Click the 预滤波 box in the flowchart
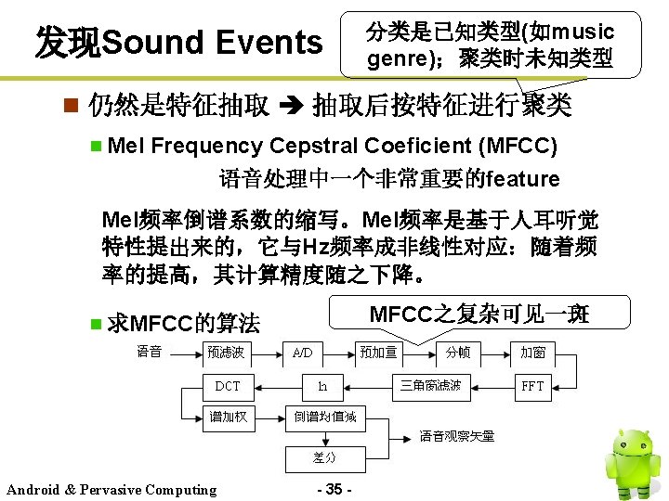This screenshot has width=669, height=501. (227, 352)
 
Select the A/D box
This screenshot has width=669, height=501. (302, 353)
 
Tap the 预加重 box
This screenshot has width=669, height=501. (378, 352)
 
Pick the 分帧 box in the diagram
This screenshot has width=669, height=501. (457, 352)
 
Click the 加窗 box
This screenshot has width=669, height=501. (532, 352)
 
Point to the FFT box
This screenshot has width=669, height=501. (532, 385)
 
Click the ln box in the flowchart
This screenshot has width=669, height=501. (322, 385)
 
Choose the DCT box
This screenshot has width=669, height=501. (227, 385)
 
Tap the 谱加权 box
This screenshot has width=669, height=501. (227, 417)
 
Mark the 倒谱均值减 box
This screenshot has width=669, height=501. (325, 417)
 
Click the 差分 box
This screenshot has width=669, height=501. (322, 457)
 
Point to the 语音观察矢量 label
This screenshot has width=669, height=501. (456, 436)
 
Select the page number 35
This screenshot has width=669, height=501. (334, 489)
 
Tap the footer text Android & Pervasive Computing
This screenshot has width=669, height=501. (111, 490)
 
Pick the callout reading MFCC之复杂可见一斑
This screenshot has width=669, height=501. (479, 314)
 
